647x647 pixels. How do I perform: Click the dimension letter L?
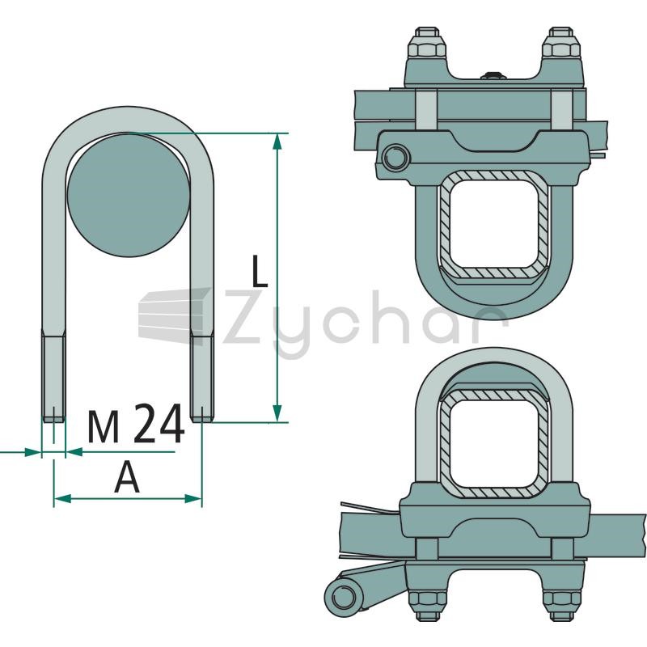click(x=259, y=271)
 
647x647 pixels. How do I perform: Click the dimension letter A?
click(x=127, y=477)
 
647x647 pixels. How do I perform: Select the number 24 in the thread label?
click(x=159, y=423)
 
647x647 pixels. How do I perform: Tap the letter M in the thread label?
click(x=104, y=427)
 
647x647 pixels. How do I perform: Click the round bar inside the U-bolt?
click(x=129, y=194)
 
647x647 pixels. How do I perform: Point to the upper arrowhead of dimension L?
click(x=277, y=142)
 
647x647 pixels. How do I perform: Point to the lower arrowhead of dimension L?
click(x=277, y=413)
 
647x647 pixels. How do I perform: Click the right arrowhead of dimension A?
click(x=192, y=498)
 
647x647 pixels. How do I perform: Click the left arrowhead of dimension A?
click(x=63, y=498)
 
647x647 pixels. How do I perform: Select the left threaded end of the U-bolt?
click(x=53, y=374)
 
